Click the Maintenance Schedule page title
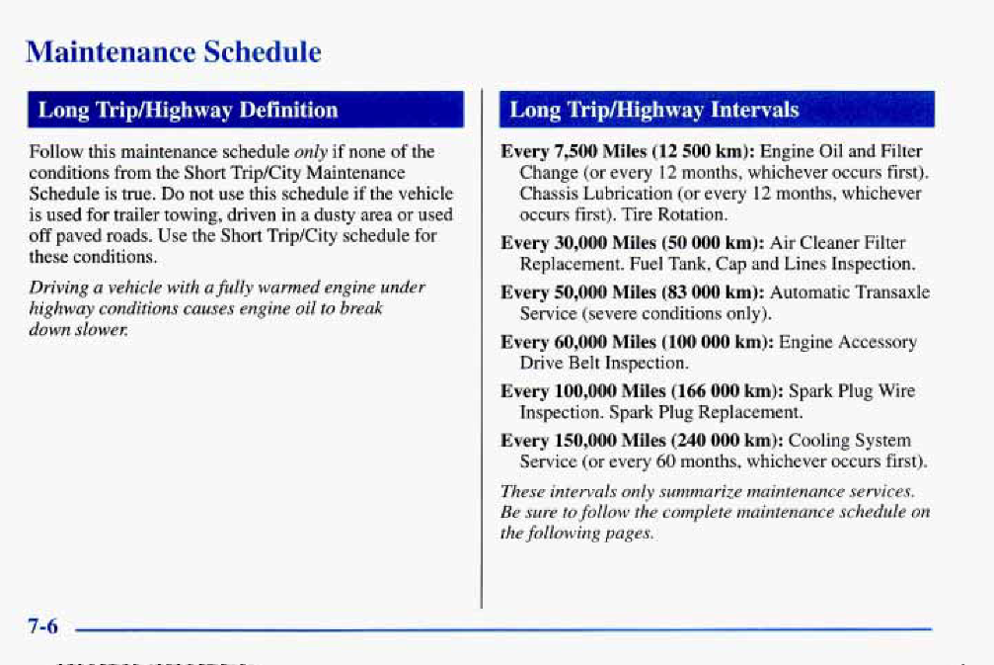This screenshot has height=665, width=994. click(174, 52)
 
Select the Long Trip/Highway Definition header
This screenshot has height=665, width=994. click(189, 110)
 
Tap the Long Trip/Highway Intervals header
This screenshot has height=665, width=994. click(654, 110)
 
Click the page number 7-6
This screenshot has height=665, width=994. click(42, 626)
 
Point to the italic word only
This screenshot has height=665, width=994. click(311, 152)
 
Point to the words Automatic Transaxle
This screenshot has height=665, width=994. click(850, 292)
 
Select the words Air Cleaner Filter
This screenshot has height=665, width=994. click(837, 243)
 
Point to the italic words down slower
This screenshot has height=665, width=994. click(79, 330)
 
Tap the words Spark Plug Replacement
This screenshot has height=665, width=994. click(706, 412)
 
